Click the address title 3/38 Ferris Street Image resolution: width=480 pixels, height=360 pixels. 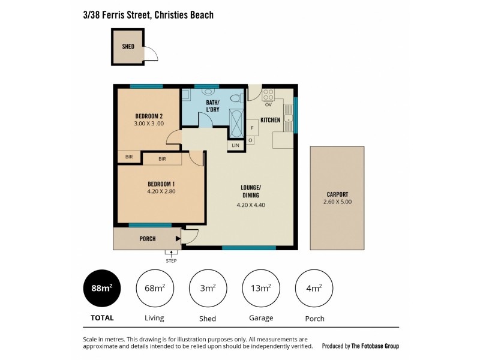(x=148, y=14)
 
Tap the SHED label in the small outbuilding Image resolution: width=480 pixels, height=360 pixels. (x=128, y=46)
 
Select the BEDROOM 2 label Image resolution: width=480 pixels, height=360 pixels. (x=149, y=116)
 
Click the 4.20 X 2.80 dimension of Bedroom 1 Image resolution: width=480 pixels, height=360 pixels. (x=161, y=192)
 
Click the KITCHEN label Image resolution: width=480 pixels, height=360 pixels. (x=271, y=120)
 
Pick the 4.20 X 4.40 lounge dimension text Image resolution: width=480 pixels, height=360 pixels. (x=251, y=205)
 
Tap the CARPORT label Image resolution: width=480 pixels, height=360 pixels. (x=337, y=194)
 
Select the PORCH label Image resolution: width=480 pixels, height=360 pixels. (x=148, y=239)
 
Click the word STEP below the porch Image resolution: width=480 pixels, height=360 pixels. (x=171, y=260)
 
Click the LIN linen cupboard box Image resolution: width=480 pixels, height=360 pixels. (x=235, y=145)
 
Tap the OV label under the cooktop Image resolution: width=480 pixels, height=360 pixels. (x=268, y=105)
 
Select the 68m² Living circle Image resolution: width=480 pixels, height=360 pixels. (x=155, y=289)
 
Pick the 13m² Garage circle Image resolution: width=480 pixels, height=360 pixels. (x=260, y=289)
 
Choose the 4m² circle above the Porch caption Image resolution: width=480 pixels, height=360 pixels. (x=314, y=289)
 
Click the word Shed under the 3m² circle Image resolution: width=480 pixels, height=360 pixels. (x=208, y=319)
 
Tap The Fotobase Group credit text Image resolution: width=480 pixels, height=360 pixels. (x=375, y=346)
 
